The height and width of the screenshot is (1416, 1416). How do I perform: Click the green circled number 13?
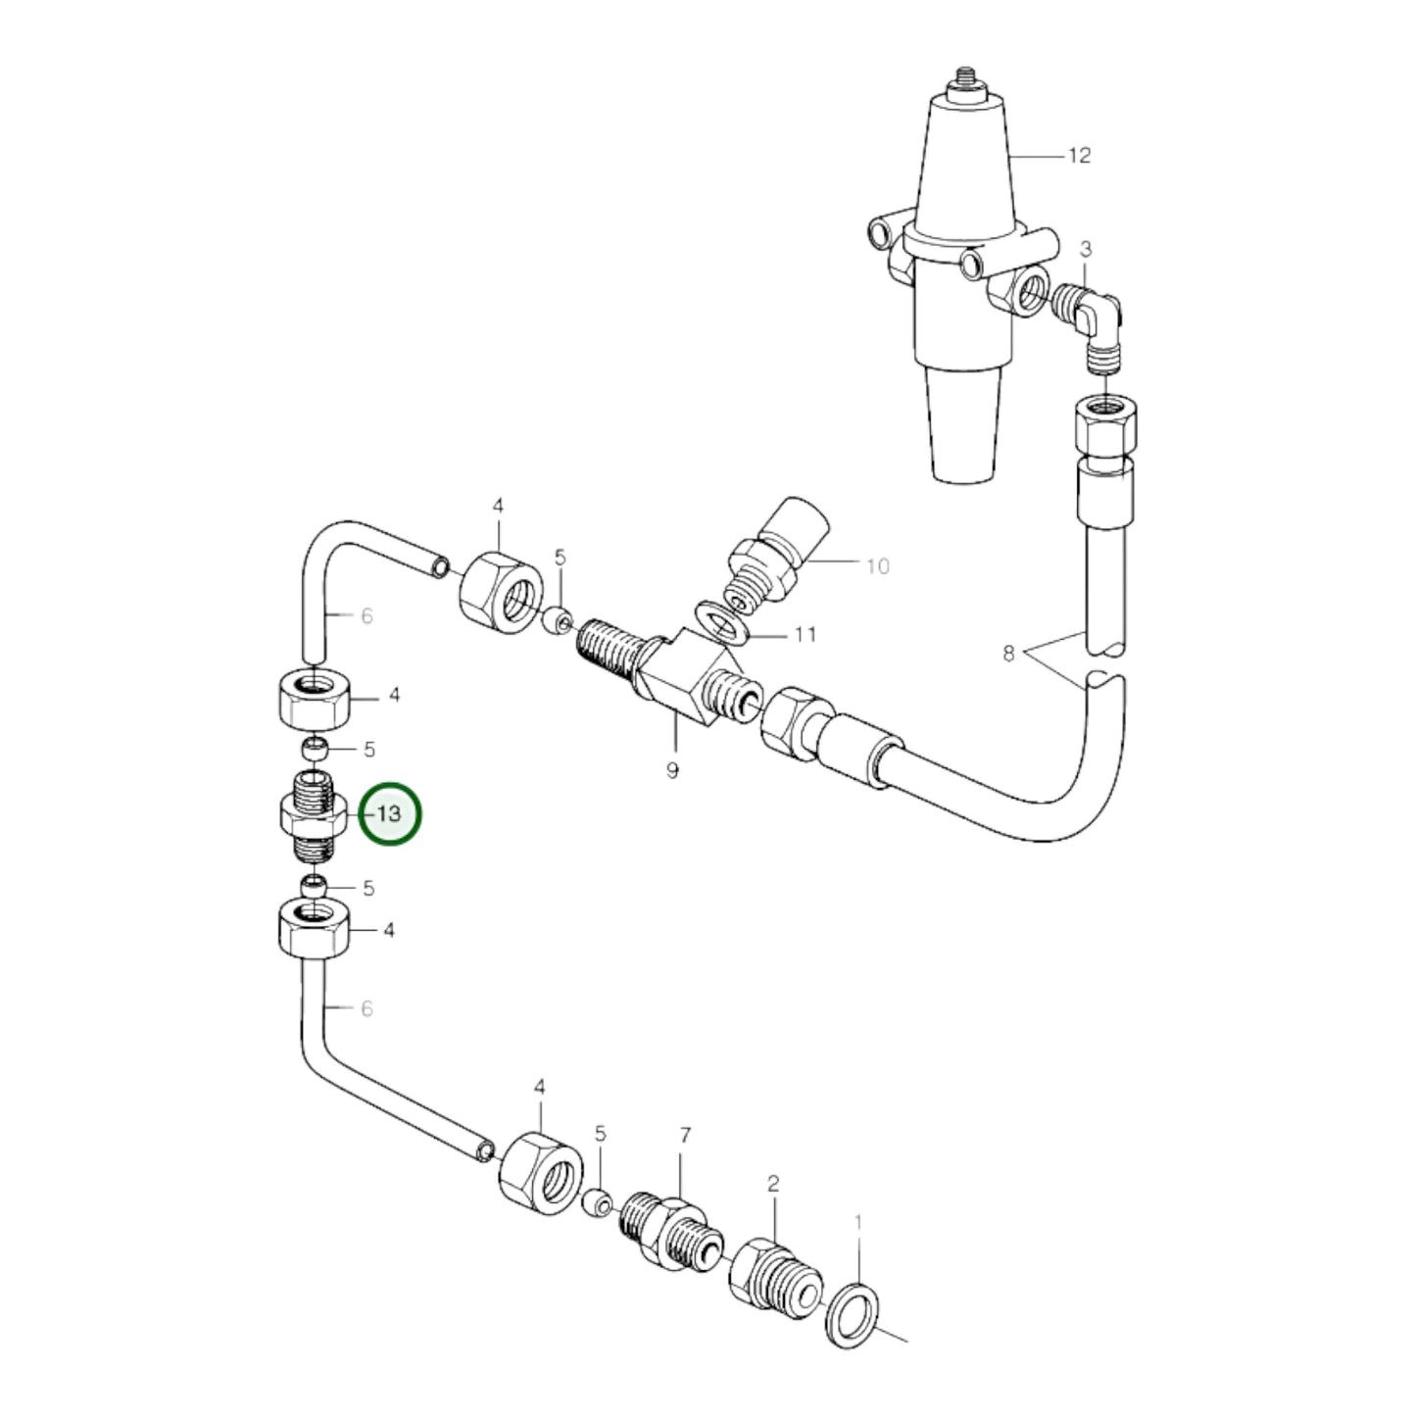click(390, 814)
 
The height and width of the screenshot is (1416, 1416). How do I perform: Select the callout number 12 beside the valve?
click(1078, 156)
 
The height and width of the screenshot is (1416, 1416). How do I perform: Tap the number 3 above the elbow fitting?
click(1085, 250)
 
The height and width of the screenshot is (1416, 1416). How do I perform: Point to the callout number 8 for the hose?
click(1008, 653)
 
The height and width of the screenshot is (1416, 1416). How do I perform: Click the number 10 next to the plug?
click(877, 565)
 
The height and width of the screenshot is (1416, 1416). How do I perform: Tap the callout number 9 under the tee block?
click(672, 770)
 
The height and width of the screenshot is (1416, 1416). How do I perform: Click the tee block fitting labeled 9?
click(676, 676)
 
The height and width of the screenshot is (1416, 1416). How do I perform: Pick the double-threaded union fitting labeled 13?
click(312, 815)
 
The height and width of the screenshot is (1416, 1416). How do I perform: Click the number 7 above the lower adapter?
click(685, 1136)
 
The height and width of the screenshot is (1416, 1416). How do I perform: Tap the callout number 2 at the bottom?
click(773, 1184)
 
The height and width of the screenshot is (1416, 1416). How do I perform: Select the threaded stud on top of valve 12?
click(964, 78)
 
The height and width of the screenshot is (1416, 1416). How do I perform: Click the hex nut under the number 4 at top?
click(501, 590)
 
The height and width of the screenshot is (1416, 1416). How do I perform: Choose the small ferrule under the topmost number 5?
click(559, 621)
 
